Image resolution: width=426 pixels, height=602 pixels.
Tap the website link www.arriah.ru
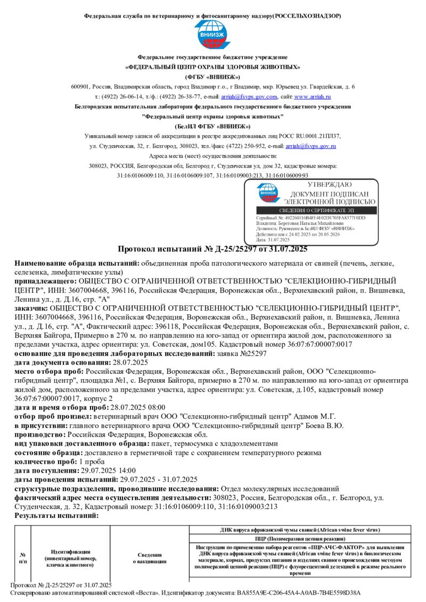coord(313,97)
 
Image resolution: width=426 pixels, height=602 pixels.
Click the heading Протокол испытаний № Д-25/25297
coord(212,249)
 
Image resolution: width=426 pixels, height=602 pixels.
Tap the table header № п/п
coord(22,557)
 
